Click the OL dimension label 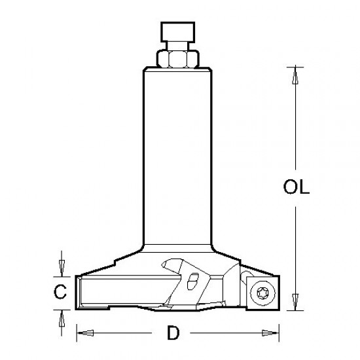pyautogui.click(x=296, y=187)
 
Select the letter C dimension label pyautogui.click(x=60, y=293)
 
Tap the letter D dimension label pyautogui.click(x=173, y=333)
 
